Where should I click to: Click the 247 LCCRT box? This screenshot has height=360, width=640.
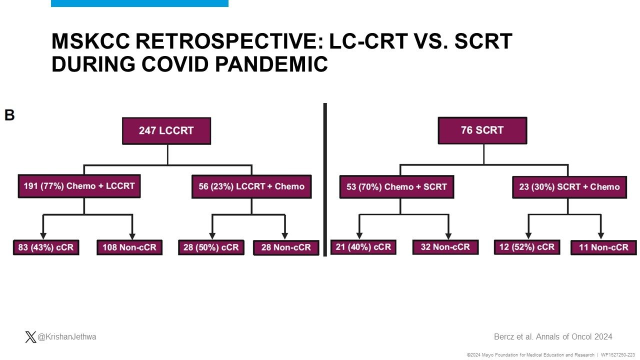coord(166,131)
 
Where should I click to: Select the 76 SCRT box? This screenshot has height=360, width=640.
coord(482,130)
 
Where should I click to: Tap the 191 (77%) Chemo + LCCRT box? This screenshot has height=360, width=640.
coord(79,186)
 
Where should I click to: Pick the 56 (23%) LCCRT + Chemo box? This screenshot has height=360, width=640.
coord(251,187)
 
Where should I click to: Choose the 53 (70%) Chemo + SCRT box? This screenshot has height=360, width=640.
coord(397,187)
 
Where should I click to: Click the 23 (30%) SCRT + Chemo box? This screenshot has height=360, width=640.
coord(569,187)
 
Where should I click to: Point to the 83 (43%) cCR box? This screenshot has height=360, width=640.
coord(46,247)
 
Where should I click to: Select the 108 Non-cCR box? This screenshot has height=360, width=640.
coord(129,247)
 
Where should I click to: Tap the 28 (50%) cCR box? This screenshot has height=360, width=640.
coord(211,247)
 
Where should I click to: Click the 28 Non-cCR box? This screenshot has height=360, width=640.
coord(286,247)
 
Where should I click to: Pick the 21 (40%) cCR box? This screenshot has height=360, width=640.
coord(363,247)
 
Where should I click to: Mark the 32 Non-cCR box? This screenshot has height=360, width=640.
coord(445,247)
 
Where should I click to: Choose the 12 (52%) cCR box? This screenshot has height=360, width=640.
coord(527,247)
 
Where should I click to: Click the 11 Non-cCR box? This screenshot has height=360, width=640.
coord(603,247)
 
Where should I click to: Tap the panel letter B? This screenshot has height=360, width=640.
coord(9,115)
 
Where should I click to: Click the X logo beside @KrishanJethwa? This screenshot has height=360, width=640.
coord(30,337)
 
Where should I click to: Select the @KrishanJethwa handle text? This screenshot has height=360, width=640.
coord(67,337)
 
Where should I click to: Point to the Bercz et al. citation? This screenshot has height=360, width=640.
coord(553,337)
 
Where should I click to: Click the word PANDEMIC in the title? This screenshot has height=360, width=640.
coord(271,64)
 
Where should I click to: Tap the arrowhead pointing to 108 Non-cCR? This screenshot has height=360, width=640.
coord(132,236)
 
